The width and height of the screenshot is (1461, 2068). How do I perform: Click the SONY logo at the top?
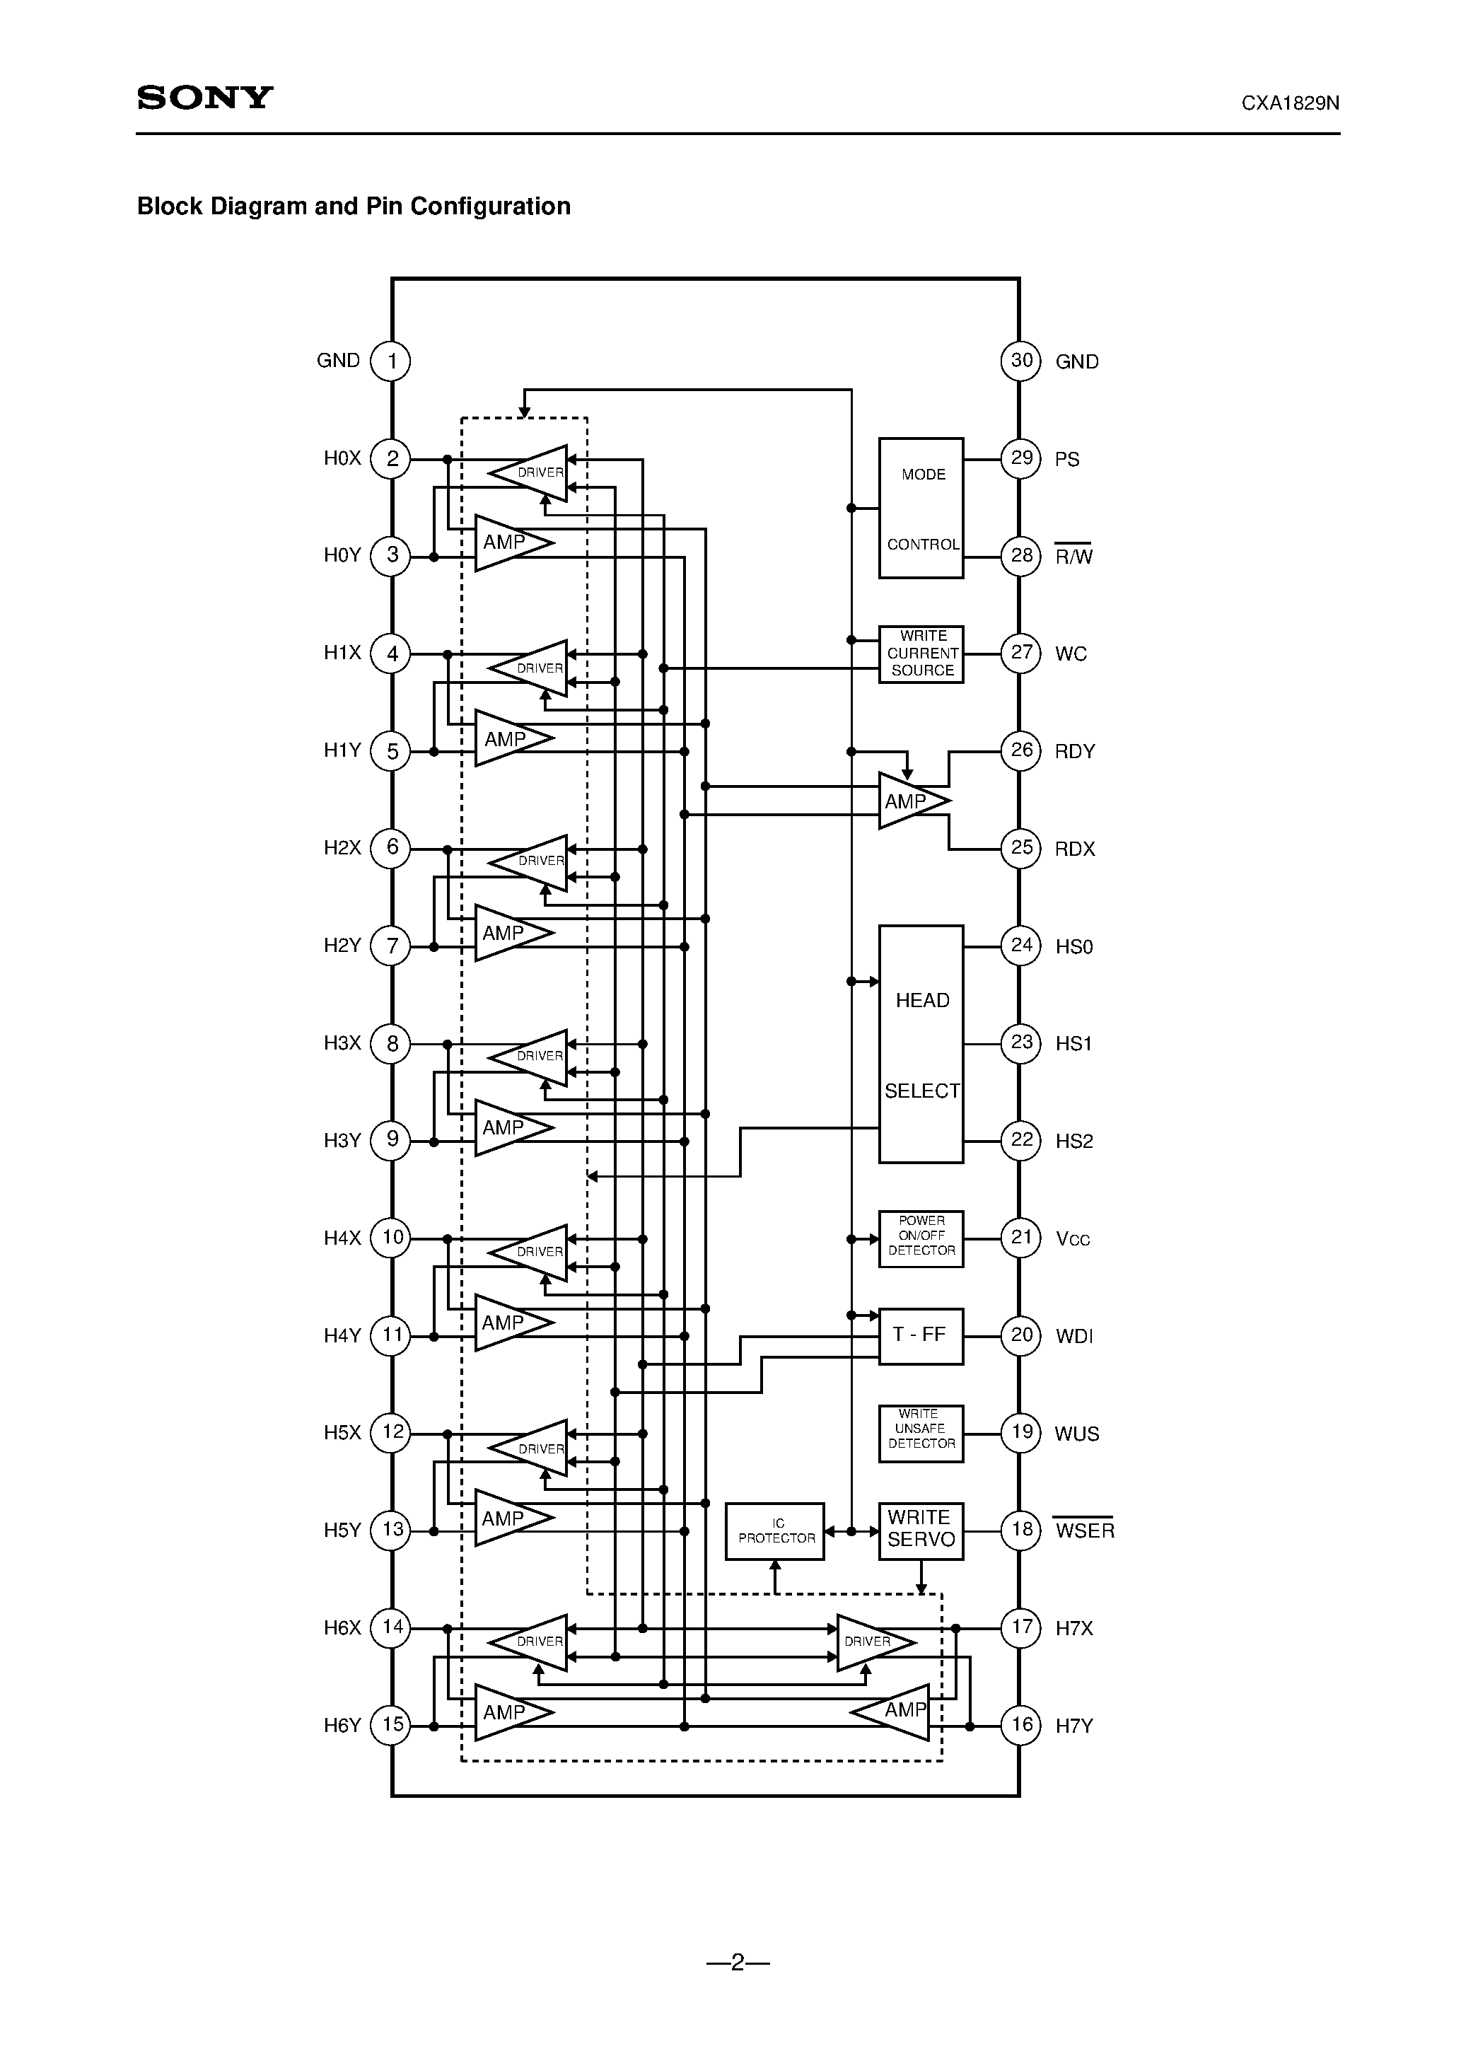click(205, 98)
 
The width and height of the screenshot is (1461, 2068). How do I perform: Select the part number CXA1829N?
click(1290, 103)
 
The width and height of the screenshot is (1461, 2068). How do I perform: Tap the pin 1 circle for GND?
click(391, 361)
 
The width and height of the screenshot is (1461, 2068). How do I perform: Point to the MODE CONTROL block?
click(921, 508)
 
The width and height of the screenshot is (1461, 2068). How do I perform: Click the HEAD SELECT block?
click(921, 1044)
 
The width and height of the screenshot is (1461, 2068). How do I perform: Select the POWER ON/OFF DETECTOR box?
click(921, 1238)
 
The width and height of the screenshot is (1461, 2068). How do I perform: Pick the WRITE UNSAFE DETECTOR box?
click(921, 1433)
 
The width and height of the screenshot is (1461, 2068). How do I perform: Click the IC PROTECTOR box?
click(774, 1531)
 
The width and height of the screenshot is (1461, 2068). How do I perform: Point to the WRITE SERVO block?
click(921, 1530)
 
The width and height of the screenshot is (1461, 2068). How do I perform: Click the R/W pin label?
click(1073, 557)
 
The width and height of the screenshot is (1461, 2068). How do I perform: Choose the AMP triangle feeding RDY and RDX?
click(909, 801)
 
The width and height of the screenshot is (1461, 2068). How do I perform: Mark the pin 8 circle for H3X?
click(391, 1044)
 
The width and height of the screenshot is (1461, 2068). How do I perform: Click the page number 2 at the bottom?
click(738, 1963)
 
